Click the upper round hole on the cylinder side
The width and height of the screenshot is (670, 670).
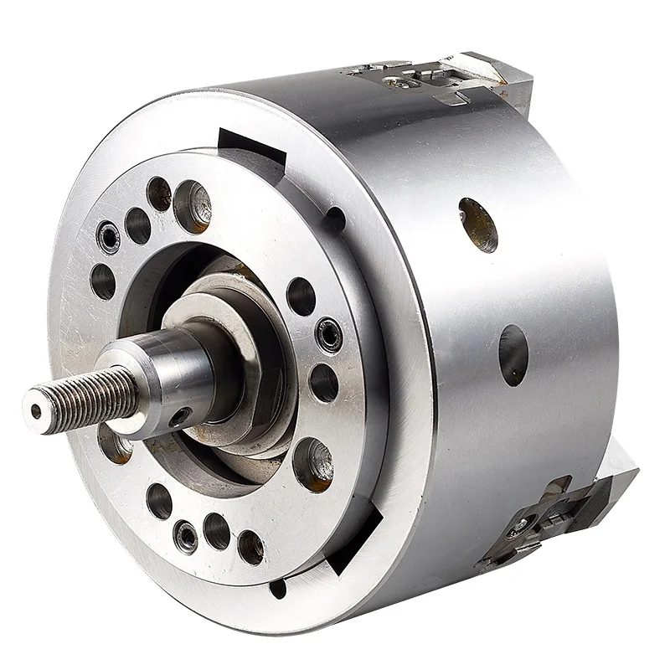point(478,224)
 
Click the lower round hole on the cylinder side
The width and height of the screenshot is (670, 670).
point(513,355)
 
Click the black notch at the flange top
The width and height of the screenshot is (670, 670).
point(251,147)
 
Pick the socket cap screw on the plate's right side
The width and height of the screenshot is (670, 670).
point(328,336)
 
